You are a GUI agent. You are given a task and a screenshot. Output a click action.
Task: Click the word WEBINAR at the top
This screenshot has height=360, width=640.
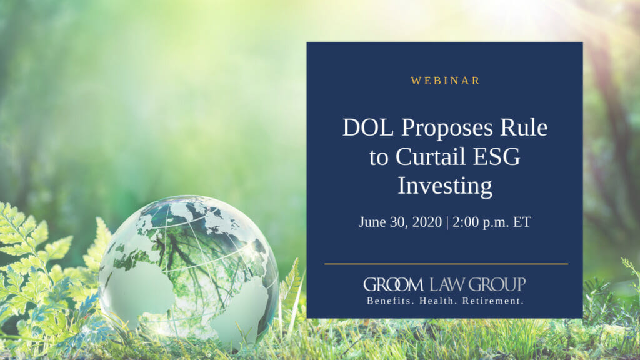pos(446,81)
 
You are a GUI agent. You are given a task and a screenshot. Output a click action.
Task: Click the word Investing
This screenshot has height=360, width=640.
pos(445,186)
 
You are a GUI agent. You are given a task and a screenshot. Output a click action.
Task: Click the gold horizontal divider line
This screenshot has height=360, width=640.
pos(446,264)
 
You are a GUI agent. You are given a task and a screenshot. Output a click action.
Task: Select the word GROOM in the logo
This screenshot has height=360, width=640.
pos(394,285)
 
